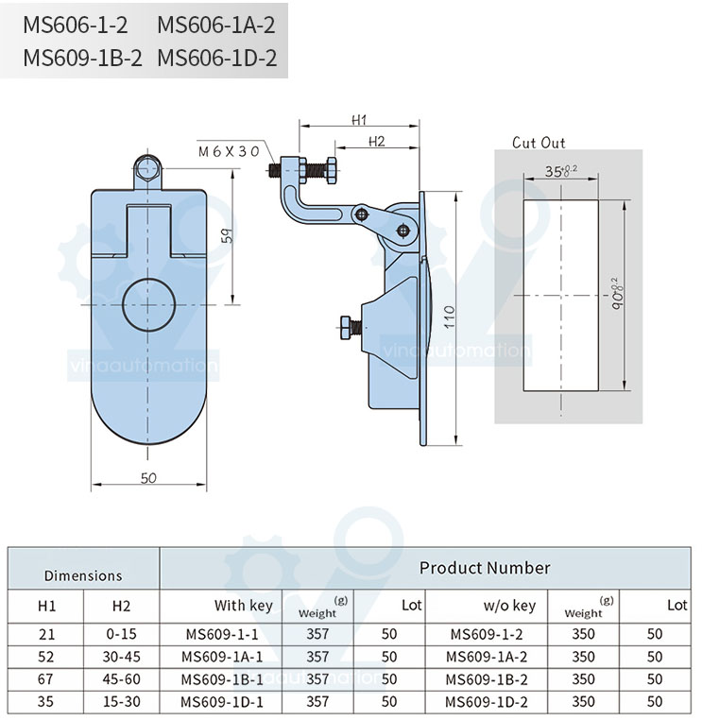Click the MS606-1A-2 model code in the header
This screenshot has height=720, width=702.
(x=216, y=25)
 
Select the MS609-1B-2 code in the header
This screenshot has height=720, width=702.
(x=82, y=59)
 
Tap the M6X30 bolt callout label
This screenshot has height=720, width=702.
(x=229, y=151)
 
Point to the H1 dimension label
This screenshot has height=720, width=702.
(x=359, y=120)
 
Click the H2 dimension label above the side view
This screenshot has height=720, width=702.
(x=376, y=142)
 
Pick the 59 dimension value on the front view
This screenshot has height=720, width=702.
(x=228, y=235)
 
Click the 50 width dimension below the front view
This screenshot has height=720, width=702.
(x=148, y=478)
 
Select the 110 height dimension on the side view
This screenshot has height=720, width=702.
(x=449, y=317)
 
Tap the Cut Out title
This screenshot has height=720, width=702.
(x=539, y=143)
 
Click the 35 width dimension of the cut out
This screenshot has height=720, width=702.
(x=560, y=171)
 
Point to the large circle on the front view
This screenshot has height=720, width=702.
(x=148, y=305)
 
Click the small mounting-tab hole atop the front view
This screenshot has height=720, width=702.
(x=147, y=169)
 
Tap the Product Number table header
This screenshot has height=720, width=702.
(x=485, y=568)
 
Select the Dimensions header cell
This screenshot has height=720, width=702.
(x=83, y=575)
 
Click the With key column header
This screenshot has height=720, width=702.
(x=244, y=606)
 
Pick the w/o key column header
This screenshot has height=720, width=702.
(x=509, y=606)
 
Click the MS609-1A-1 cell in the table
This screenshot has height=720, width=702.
(x=222, y=657)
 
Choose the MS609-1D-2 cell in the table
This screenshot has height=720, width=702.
(x=487, y=702)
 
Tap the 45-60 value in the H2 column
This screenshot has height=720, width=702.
(x=121, y=678)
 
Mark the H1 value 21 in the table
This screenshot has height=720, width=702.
(x=47, y=634)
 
